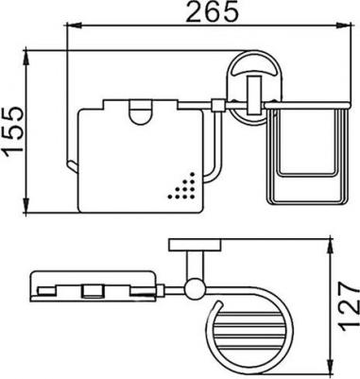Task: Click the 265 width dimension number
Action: tap(212, 12)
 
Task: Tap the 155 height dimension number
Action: tap(13, 129)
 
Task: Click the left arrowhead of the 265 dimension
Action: tap(73, 26)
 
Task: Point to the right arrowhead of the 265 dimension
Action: tap(343, 26)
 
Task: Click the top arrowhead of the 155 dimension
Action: tap(26, 59)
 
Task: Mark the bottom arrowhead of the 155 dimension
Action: tap(26, 205)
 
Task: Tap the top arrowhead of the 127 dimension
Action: tap(331, 248)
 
